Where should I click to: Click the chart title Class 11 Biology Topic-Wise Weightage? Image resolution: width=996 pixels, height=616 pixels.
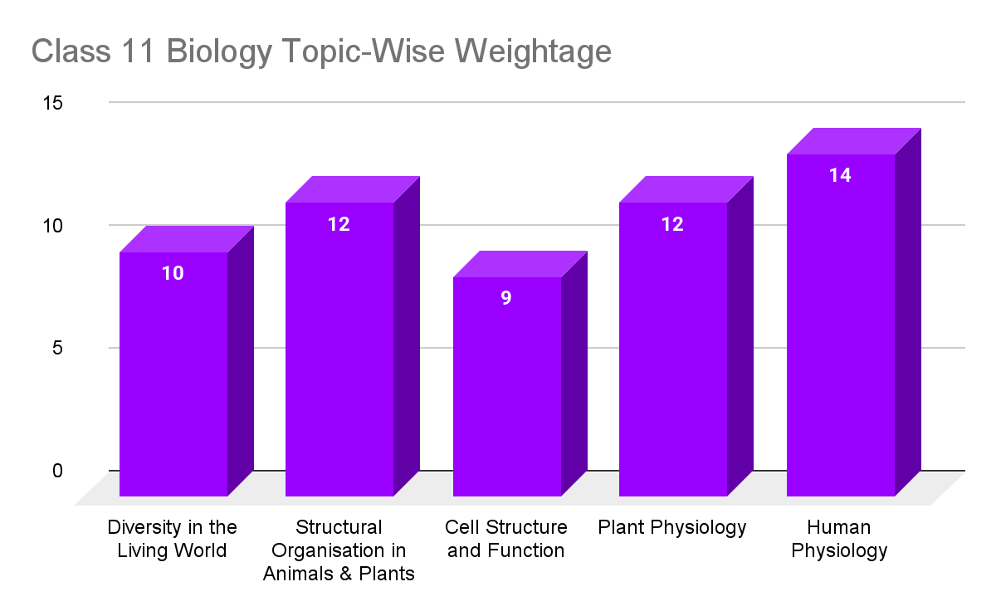tap(321, 51)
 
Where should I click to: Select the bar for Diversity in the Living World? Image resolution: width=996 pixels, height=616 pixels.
tap(173, 374)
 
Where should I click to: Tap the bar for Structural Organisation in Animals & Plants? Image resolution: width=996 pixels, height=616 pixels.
tap(339, 349)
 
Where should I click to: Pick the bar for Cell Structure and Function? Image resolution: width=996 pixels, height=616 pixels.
tap(506, 386)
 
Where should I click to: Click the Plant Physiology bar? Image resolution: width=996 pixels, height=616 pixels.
tap(673, 349)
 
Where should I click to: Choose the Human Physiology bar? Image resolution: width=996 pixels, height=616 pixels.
tap(840, 324)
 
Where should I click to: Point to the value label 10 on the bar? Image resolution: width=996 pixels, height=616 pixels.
tap(173, 273)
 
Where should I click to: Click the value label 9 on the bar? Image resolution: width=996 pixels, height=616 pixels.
tap(506, 298)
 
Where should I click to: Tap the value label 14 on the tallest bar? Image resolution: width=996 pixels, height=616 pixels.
tap(840, 175)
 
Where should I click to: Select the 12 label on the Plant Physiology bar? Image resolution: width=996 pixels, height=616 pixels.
tap(672, 224)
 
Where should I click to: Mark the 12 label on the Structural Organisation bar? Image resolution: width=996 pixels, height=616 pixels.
tap(339, 224)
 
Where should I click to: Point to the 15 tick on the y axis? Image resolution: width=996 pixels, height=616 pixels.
tap(53, 103)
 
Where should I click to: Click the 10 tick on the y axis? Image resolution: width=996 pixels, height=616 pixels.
tap(53, 226)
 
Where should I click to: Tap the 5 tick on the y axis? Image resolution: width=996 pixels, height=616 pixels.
tap(57, 348)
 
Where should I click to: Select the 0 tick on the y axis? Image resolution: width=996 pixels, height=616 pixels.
tap(57, 471)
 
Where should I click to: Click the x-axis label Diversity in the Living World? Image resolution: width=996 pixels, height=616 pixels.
tap(173, 539)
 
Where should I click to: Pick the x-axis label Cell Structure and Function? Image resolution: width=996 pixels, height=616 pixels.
tap(506, 539)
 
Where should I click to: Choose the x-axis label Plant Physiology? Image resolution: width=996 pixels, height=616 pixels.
tap(672, 527)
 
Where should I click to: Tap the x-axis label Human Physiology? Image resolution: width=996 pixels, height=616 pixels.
tap(839, 539)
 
